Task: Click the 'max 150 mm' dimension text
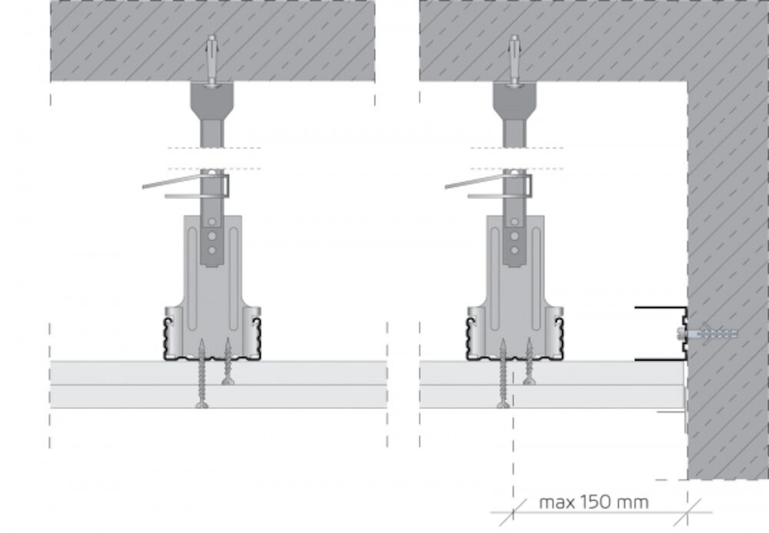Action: tap(594, 502)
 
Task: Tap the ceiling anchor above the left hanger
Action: tap(212, 61)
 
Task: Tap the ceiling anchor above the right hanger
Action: tap(514, 61)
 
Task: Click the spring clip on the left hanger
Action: tap(186, 185)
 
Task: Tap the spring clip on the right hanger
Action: tap(489, 185)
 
